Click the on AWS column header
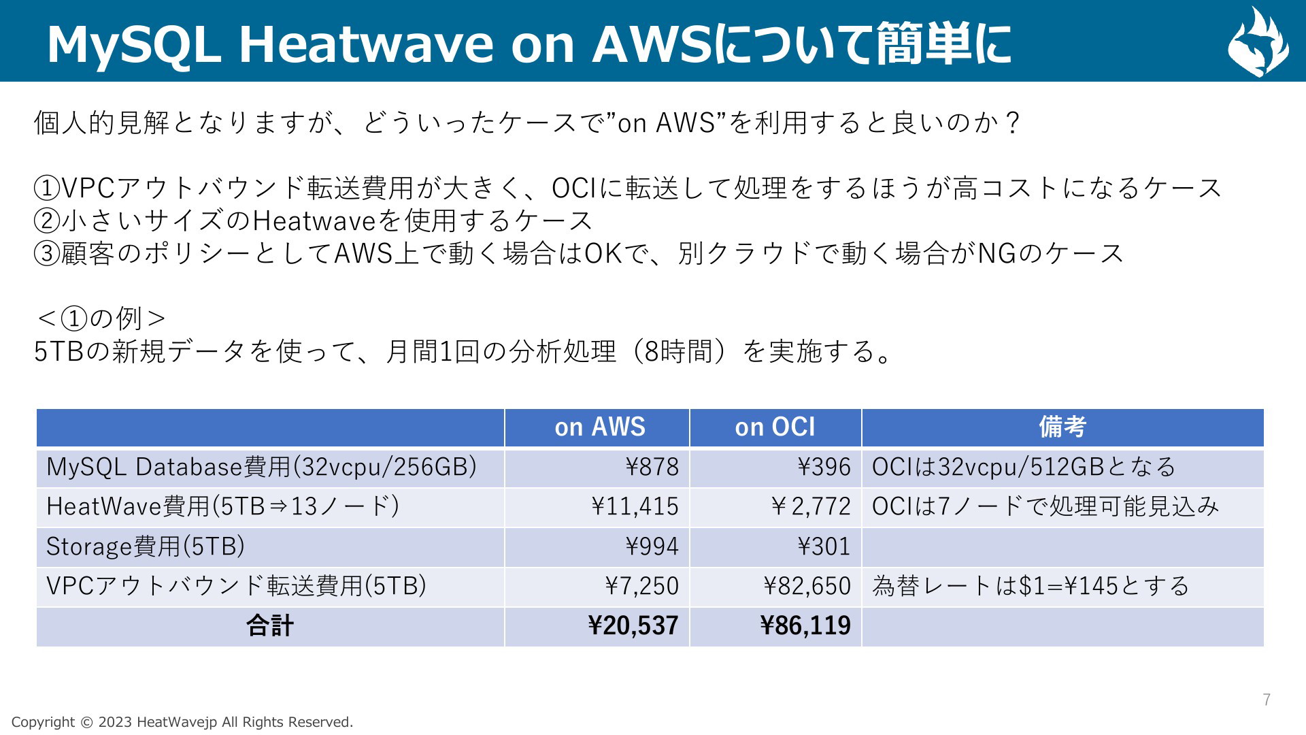[x=599, y=427]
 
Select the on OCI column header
[x=775, y=427]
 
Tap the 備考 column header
[x=1062, y=427]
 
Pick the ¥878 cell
[x=652, y=467]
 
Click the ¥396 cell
[x=824, y=467]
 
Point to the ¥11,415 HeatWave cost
[x=635, y=506]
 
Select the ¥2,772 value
[x=810, y=506]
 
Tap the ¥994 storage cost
[x=652, y=546]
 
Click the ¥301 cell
[x=824, y=546]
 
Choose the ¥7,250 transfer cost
[x=641, y=586]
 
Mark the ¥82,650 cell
[x=807, y=586]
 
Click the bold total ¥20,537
[x=633, y=625]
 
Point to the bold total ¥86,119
[x=805, y=625]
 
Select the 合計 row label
[x=270, y=625]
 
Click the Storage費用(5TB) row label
[x=146, y=546]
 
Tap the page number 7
[x=1267, y=700]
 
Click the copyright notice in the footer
[x=182, y=722]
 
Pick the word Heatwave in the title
[x=366, y=44]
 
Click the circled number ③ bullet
[x=47, y=254]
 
